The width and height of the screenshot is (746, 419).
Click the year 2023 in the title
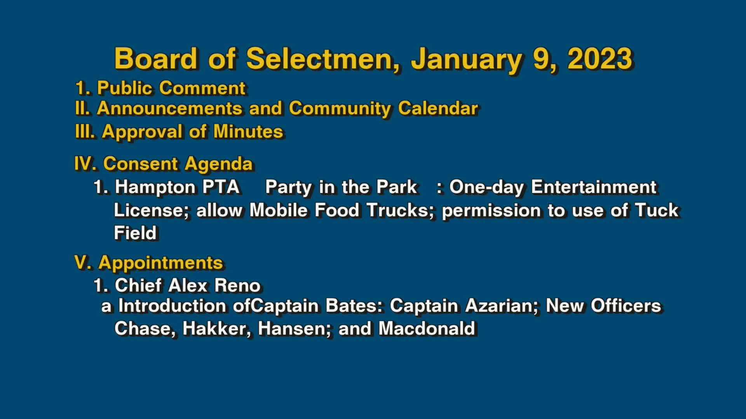pyautogui.click(x=600, y=59)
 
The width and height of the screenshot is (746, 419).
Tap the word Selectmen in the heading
pyautogui.click(x=323, y=59)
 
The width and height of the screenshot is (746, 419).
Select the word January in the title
pyautogui.click(x=466, y=59)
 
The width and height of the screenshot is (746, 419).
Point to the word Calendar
pyautogui.click(x=438, y=108)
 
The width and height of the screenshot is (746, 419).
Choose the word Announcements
pyautogui.click(x=170, y=108)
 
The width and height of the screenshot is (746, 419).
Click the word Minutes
pyautogui.click(x=248, y=132)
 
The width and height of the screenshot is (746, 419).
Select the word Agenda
pyautogui.click(x=219, y=164)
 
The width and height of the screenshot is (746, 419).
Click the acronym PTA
pyautogui.click(x=221, y=187)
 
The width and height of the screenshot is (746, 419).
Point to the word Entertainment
pyautogui.click(x=593, y=187)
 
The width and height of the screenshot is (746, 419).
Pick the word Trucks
pyautogui.click(x=400, y=210)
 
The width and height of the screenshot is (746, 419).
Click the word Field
pyautogui.click(x=135, y=233)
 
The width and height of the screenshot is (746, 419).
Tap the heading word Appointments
pyautogui.click(x=160, y=263)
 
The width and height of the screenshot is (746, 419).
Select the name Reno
pyautogui.click(x=237, y=286)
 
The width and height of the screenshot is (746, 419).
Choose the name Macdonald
pyautogui.click(x=427, y=329)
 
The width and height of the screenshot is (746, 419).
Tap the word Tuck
pyautogui.click(x=657, y=210)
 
